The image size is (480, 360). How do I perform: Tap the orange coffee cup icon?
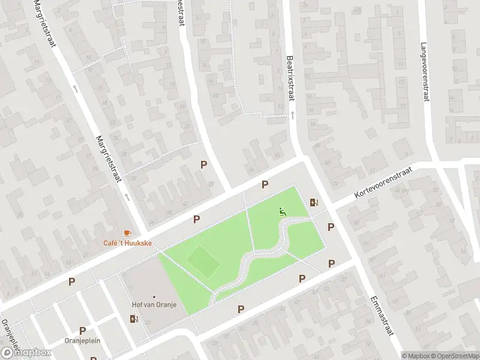tap(127, 233)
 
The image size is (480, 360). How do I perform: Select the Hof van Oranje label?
tap(154, 305)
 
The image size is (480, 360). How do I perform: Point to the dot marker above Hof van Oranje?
tap(154, 296)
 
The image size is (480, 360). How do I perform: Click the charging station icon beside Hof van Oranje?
tap(133, 319)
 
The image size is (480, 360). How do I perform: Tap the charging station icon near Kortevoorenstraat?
tap(313, 202)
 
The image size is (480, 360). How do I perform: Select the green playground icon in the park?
tap(281, 211)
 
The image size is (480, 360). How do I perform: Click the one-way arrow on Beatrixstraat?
tap(293, 113)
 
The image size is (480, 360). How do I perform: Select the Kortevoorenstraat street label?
tap(384, 183)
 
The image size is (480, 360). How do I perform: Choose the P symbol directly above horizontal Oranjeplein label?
tap(83, 330)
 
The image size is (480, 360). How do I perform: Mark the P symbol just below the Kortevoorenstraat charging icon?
tap(331, 227)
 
